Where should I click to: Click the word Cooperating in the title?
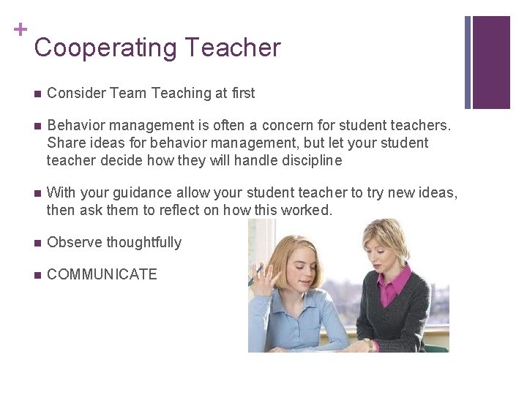pyautogui.click(x=105, y=48)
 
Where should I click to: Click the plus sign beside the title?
pyautogui.click(x=20, y=29)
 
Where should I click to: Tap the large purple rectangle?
pyautogui.click(x=491, y=62)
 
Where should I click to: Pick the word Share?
pyautogui.click(x=64, y=143)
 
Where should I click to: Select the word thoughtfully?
pyautogui.click(x=143, y=243)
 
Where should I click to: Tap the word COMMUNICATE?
pyautogui.click(x=102, y=274)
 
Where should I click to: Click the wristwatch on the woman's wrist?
pyautogui.click(x=368, y=344)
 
